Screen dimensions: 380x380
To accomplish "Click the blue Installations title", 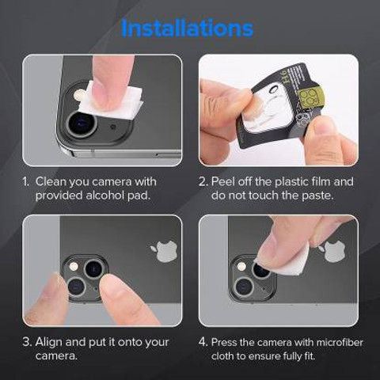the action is (188, 28).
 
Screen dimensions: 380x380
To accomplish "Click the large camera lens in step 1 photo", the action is (82, 123).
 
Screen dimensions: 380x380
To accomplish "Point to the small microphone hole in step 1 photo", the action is (113, 127).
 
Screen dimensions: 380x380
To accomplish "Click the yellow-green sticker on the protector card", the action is (311, 97).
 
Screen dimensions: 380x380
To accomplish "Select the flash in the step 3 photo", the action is (73, 267).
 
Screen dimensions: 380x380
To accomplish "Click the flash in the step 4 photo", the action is (241, 267).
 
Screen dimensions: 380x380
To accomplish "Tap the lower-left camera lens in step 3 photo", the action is (77, 287).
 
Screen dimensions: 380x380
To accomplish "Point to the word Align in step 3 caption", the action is (49, 342).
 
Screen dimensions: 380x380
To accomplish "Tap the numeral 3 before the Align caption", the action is (27, 342).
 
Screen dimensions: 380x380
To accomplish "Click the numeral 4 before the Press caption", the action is (203, 342).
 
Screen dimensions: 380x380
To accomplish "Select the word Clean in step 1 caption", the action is (51, 182).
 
